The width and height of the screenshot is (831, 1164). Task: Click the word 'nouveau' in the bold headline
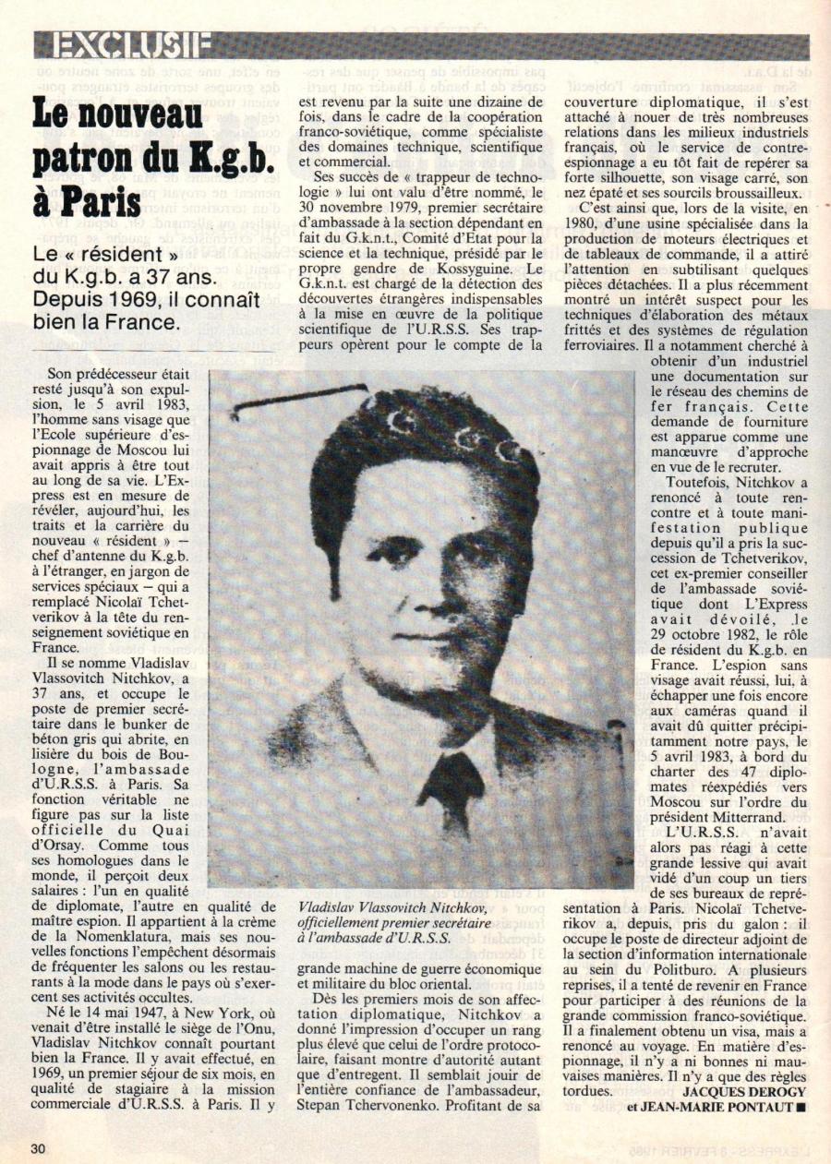tap(149, 116)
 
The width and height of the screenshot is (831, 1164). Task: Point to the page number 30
tap(39, 1148)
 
